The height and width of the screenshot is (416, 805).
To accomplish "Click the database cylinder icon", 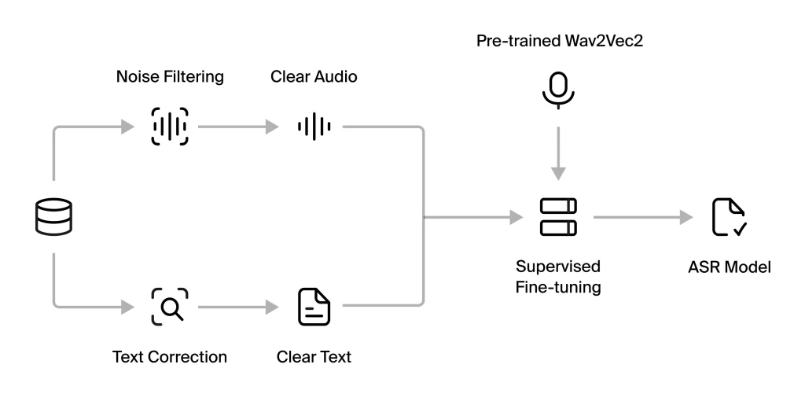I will click(53, 217).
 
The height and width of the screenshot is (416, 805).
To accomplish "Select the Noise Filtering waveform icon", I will click(169, 127).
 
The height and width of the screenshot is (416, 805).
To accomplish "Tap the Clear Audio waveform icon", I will click(314, 127).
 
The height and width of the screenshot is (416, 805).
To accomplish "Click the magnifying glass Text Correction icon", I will click(169, 307).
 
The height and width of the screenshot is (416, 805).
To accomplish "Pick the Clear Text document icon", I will click(314, 307).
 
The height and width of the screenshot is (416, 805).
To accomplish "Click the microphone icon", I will click(557, 90).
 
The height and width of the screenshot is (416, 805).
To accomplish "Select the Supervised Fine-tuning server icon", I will click(557, 217).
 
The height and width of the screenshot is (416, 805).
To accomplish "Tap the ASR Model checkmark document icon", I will click(729, 217).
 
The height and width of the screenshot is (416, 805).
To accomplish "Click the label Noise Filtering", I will click(170, 77).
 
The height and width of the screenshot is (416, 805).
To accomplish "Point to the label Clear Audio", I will click(314, 77).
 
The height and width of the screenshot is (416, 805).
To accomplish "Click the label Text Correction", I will click(170, 357).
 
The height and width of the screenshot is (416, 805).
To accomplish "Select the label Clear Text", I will click(314, 357).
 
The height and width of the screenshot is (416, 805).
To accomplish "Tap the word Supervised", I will click(558, 266).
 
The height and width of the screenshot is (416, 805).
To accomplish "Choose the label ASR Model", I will click(729, 267).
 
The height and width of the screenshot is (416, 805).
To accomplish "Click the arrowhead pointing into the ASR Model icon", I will click(686, 217).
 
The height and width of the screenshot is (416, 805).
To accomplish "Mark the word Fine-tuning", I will click(558, 287).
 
